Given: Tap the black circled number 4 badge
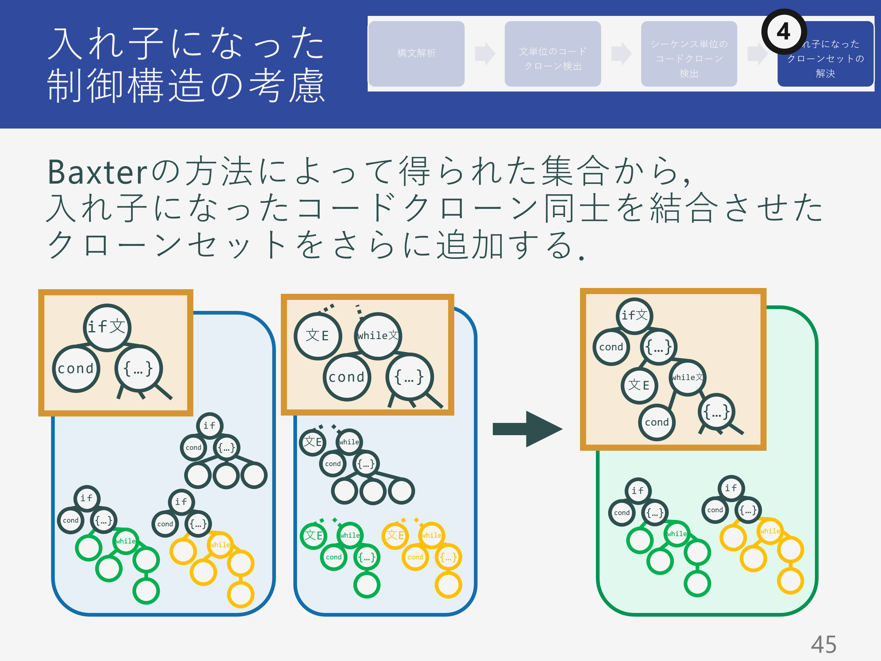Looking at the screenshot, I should pos(783,32).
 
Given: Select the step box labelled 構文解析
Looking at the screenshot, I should pos(416,53).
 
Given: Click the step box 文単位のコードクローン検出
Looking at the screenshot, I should pos(552,53).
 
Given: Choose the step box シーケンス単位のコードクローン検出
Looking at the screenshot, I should pos(689,53).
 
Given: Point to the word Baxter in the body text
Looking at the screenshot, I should pos(98,172).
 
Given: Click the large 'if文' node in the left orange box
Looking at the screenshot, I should pos(107,327).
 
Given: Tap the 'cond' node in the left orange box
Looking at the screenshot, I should pos(76,368).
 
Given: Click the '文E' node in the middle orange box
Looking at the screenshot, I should pos(318,336).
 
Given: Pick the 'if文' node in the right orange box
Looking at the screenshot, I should pos(634,316).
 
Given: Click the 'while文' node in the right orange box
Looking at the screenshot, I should pos(687,377).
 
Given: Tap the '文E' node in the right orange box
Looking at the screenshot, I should pos(639,385).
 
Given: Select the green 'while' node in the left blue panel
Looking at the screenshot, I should pos(125,541).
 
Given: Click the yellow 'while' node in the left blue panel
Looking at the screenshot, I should pos(220,545).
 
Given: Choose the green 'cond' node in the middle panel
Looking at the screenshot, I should pos(333,557).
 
